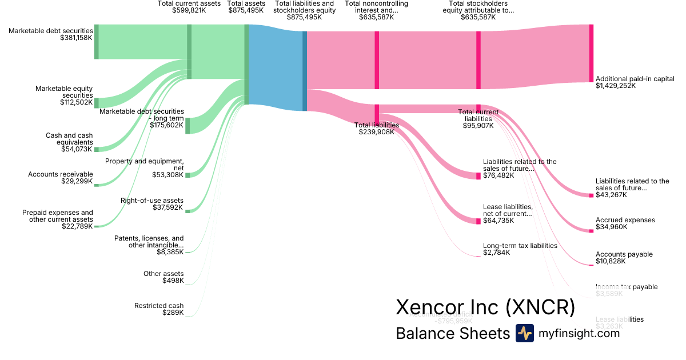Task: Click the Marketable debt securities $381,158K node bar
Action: click(97, 42)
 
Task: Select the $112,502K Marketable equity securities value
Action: click(76, 103)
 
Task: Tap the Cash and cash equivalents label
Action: click(69, 139)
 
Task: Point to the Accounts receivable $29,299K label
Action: click(60, 177)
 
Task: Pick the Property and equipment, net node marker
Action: click(188, 175)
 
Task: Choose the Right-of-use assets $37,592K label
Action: click(152, 204)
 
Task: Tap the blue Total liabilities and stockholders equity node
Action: click(305, 71)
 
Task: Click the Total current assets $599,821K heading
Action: click(189, 7)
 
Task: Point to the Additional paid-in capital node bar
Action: click(591, 54)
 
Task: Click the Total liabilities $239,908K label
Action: click(377, 129)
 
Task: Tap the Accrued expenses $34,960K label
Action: click(625, 223)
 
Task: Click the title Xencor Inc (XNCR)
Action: click(485, 307)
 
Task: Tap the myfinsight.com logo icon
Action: click(525, 333)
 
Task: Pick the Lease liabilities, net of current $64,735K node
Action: click(478, 221)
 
